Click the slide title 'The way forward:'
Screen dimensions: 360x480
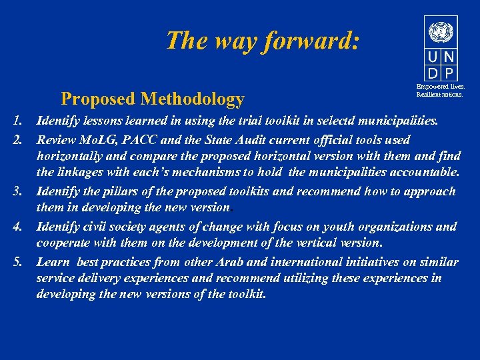point(263,41)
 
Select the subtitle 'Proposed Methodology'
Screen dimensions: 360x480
point(152,99)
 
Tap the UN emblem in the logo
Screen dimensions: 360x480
point(441,32)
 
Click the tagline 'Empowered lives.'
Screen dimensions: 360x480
point(441,87)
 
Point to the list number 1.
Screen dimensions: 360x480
point(17,122)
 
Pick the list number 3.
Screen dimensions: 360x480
point(17,191)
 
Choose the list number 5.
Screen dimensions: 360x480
point(17,261)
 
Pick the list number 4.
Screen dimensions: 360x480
point(17,226)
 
